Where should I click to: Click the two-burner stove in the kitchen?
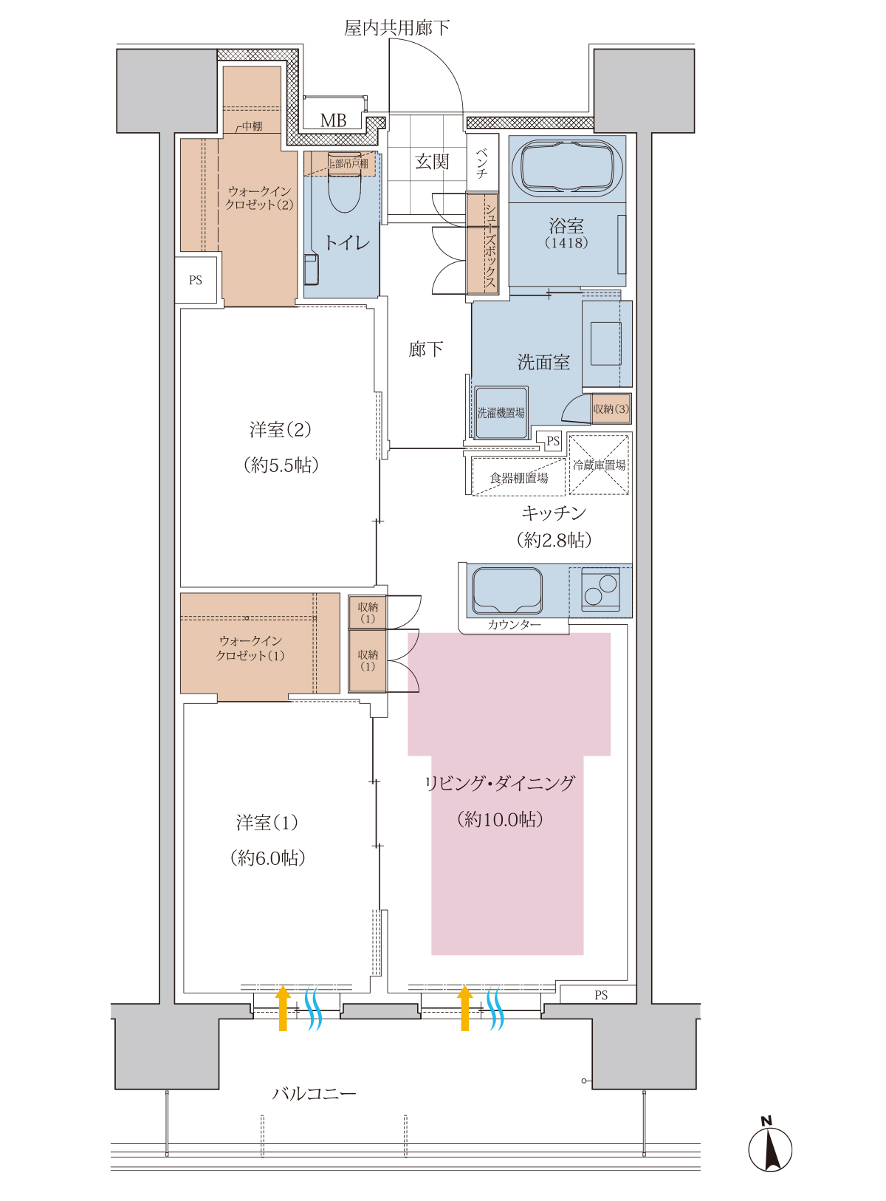pos(600,589)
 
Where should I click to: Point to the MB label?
pos(333,120)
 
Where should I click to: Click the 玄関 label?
pos(432,161)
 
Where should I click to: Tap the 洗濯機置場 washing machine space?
pos(501,413)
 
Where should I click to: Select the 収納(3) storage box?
pos(611,408)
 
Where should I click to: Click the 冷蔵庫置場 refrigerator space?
pos(599,464)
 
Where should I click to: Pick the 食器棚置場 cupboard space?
pos(518,477)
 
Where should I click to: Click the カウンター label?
pos(514,625)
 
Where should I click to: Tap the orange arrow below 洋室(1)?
pos(283,1007)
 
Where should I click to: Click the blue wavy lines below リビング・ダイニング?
pos(495,1007)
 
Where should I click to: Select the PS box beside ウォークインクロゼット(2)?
pos(196,280)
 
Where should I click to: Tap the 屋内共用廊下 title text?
pos(396,27)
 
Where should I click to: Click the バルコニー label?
pos(314,1093)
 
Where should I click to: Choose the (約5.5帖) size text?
pos(281,465)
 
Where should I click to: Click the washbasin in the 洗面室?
pos(605,343)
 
